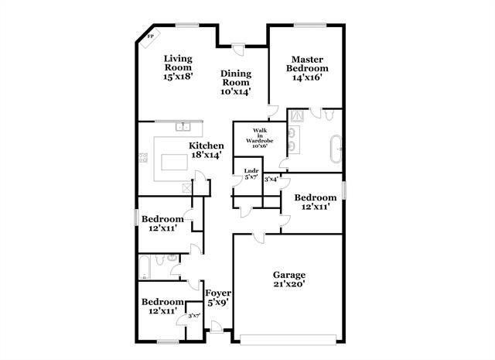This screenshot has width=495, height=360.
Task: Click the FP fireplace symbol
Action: [x=150, y=36]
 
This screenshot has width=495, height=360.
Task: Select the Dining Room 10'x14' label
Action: [x=237, y=81]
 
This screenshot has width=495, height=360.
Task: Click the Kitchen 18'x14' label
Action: [x=207, y=149]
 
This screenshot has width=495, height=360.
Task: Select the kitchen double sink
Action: [x=183, y=125]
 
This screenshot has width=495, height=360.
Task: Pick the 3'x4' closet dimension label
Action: [x=271, y=180]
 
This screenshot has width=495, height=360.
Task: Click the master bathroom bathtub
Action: [x=336, y=146]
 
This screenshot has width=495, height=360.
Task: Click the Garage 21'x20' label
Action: [x=289, y=279]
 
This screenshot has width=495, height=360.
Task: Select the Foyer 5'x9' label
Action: [x=217, y=297]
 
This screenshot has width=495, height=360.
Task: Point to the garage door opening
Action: [x=287, y=338]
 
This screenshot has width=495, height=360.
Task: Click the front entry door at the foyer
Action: [x=217, y=331]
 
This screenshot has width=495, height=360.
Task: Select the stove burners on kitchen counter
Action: [x=143, y=159]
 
